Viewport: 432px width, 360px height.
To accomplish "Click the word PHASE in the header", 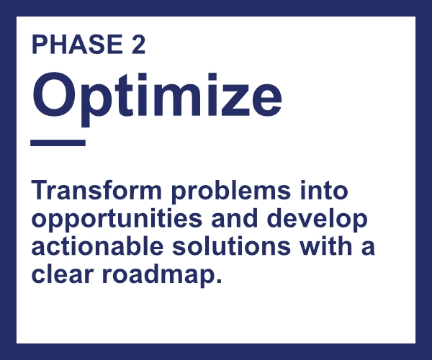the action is coord(77,44).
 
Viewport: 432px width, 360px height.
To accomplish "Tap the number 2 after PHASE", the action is coord(138,44).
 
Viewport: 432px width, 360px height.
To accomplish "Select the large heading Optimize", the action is coord(157,99).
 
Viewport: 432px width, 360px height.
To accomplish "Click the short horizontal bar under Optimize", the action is coord(58,143).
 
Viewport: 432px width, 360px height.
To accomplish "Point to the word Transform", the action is coord(96,190).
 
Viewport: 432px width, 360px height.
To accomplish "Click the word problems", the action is coord(231,192).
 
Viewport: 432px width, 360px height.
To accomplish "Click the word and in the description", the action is coord(235,218).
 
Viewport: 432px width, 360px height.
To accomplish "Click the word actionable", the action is coord(97,246).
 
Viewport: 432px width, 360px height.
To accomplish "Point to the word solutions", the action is coord(231,246).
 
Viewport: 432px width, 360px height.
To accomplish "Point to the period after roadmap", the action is coord(219,281).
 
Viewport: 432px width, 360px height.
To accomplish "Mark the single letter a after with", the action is coord(368,248).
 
